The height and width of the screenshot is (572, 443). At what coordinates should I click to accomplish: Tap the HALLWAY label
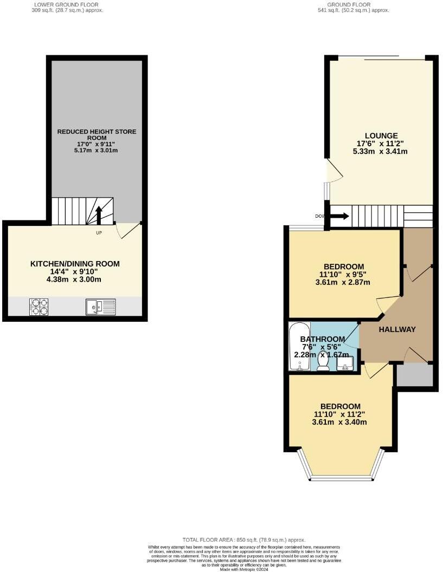coord(397,329)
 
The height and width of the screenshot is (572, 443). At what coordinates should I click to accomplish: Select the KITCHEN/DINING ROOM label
coord(75,264)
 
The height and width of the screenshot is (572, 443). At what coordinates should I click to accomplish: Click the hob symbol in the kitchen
coord(39,307)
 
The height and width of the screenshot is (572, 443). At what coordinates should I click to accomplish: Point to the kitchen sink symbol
coord(101,307)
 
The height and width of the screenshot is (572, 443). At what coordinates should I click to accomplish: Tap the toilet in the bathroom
coord(323,361)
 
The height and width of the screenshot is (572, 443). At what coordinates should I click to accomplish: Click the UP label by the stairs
coord(99,233)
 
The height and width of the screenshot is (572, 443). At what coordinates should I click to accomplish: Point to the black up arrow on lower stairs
coord(99,214)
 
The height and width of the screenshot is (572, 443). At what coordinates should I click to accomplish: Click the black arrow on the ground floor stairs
coord(339,217)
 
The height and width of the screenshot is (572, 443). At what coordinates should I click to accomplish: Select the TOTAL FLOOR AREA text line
coord(244,539)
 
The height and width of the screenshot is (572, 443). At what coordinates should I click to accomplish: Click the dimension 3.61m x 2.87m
coord(343,282)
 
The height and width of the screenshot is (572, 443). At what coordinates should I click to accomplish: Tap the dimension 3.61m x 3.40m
coord(340,422)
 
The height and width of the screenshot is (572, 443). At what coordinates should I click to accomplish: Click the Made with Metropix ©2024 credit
coord(244,569)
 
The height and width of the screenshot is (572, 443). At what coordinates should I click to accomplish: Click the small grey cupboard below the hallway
coord(415,375)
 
